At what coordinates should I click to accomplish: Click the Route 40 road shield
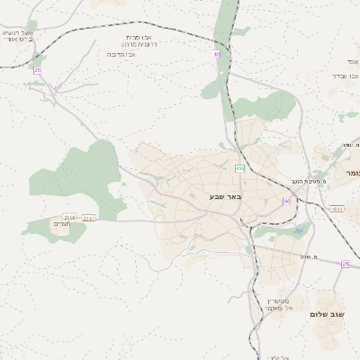[x=217, y=54]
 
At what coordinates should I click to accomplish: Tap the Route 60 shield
[x=286, y=201]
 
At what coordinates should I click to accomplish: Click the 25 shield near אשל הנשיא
[x=37, y=69]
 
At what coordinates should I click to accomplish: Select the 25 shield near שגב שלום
[x=345, y=264]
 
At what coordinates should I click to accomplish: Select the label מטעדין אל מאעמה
[x=282, y=303]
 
